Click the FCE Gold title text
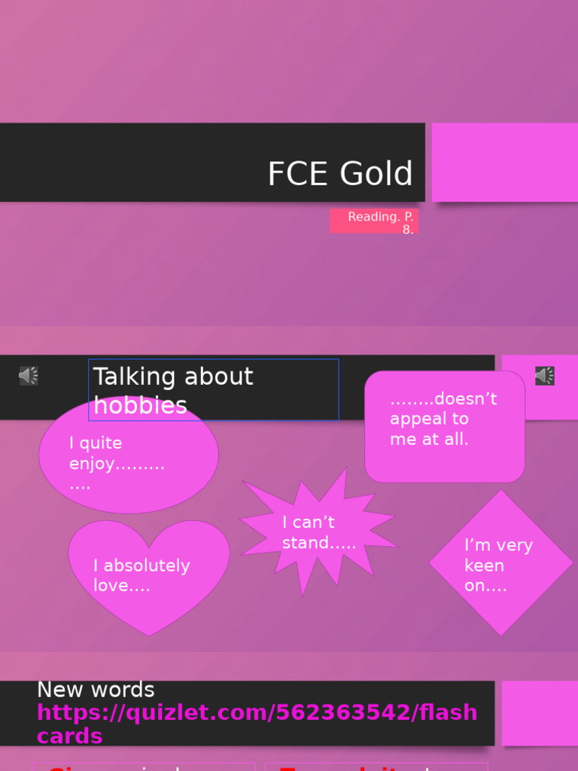click(339, 174)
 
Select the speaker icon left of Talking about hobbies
click(29, 376)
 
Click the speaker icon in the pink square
click(545, 376)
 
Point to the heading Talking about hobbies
click(173, 390)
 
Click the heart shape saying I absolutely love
click(149, 576)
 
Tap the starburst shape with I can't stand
click(318, 532)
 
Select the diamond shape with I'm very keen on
click(500, 563)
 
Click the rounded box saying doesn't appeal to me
click(444, 427)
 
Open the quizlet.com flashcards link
click(257, 724)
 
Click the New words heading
click(96, 690)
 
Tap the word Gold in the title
click(376, 174)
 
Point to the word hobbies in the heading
click(140, 406)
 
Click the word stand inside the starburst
click(306, 543)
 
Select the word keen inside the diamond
click(484, 565)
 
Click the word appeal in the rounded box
click(418, 419)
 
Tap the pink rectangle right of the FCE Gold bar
click(504, 162)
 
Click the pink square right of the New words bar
click(540, 712)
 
